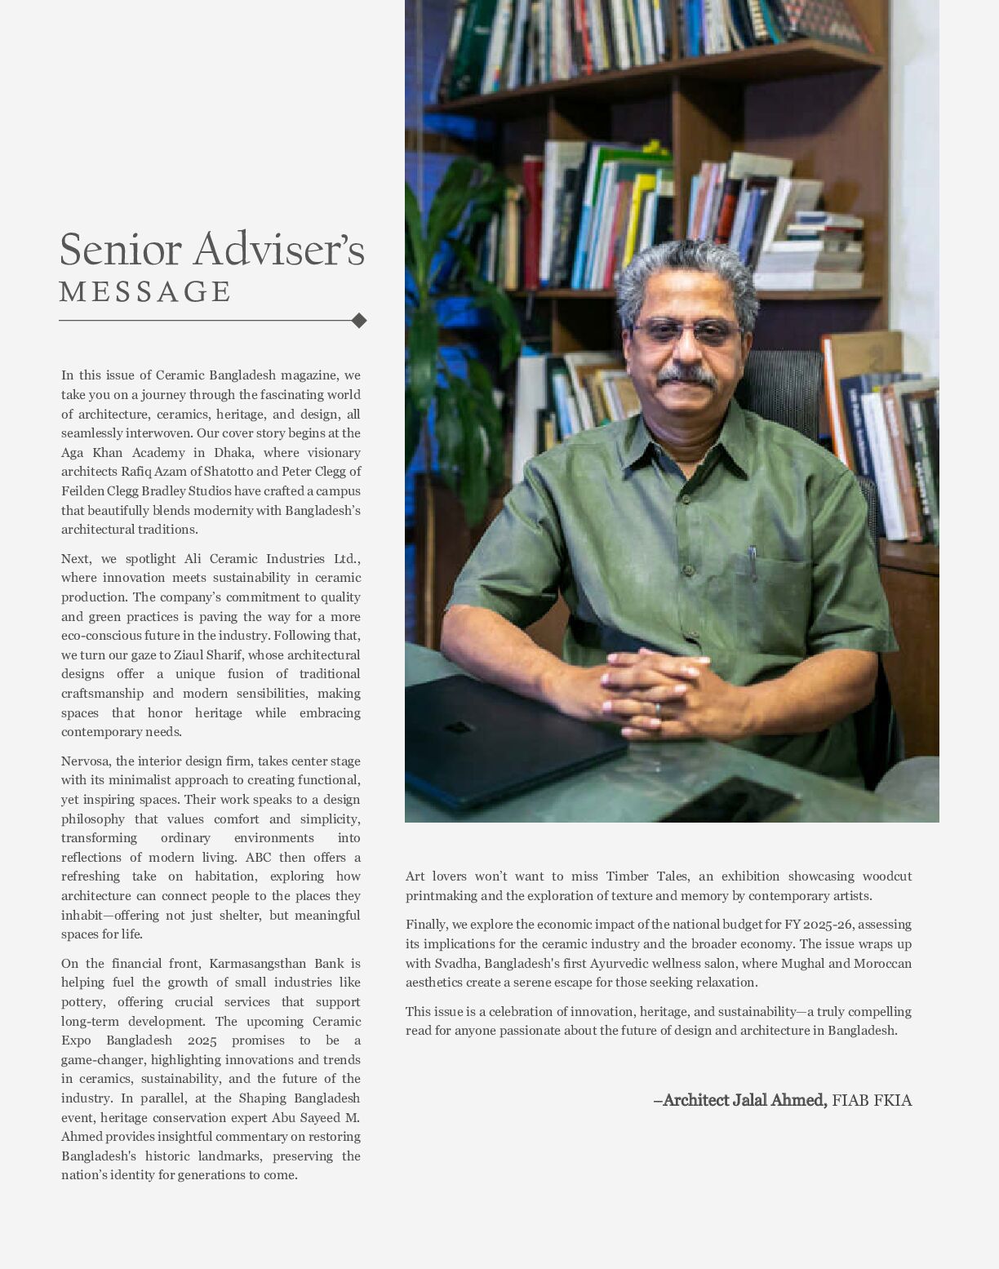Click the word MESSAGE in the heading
tap(145, 292)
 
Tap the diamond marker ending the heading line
tap(358, 321)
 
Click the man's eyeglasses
tap(686, 331)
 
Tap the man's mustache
tap(686, 376)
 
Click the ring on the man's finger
tap(658, 709)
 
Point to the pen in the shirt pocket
tap(753, 563)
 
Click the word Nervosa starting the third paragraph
tap(86, 761)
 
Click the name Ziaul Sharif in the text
tap(208, 655)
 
